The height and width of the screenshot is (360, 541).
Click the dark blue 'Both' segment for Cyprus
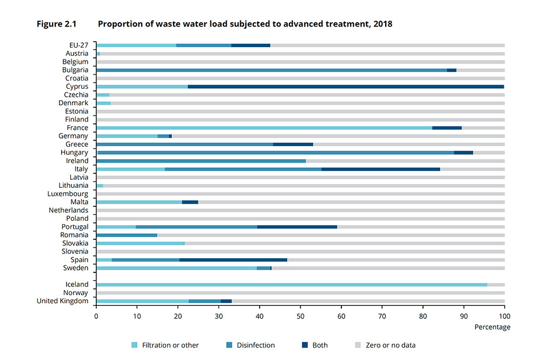coord(346,87)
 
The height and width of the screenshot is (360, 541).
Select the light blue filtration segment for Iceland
coord(292,285)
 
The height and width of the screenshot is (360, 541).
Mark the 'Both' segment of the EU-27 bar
coord(250,45)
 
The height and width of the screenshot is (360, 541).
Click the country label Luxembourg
coord(68,194)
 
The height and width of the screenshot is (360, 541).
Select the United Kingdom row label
coord(62,301)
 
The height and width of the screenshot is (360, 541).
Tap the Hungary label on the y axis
coord(75,153)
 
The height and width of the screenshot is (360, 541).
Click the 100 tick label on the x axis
coord(504,316)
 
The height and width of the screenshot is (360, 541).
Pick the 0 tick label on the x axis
coord(96,316)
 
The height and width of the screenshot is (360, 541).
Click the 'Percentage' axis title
coord(492,327)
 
